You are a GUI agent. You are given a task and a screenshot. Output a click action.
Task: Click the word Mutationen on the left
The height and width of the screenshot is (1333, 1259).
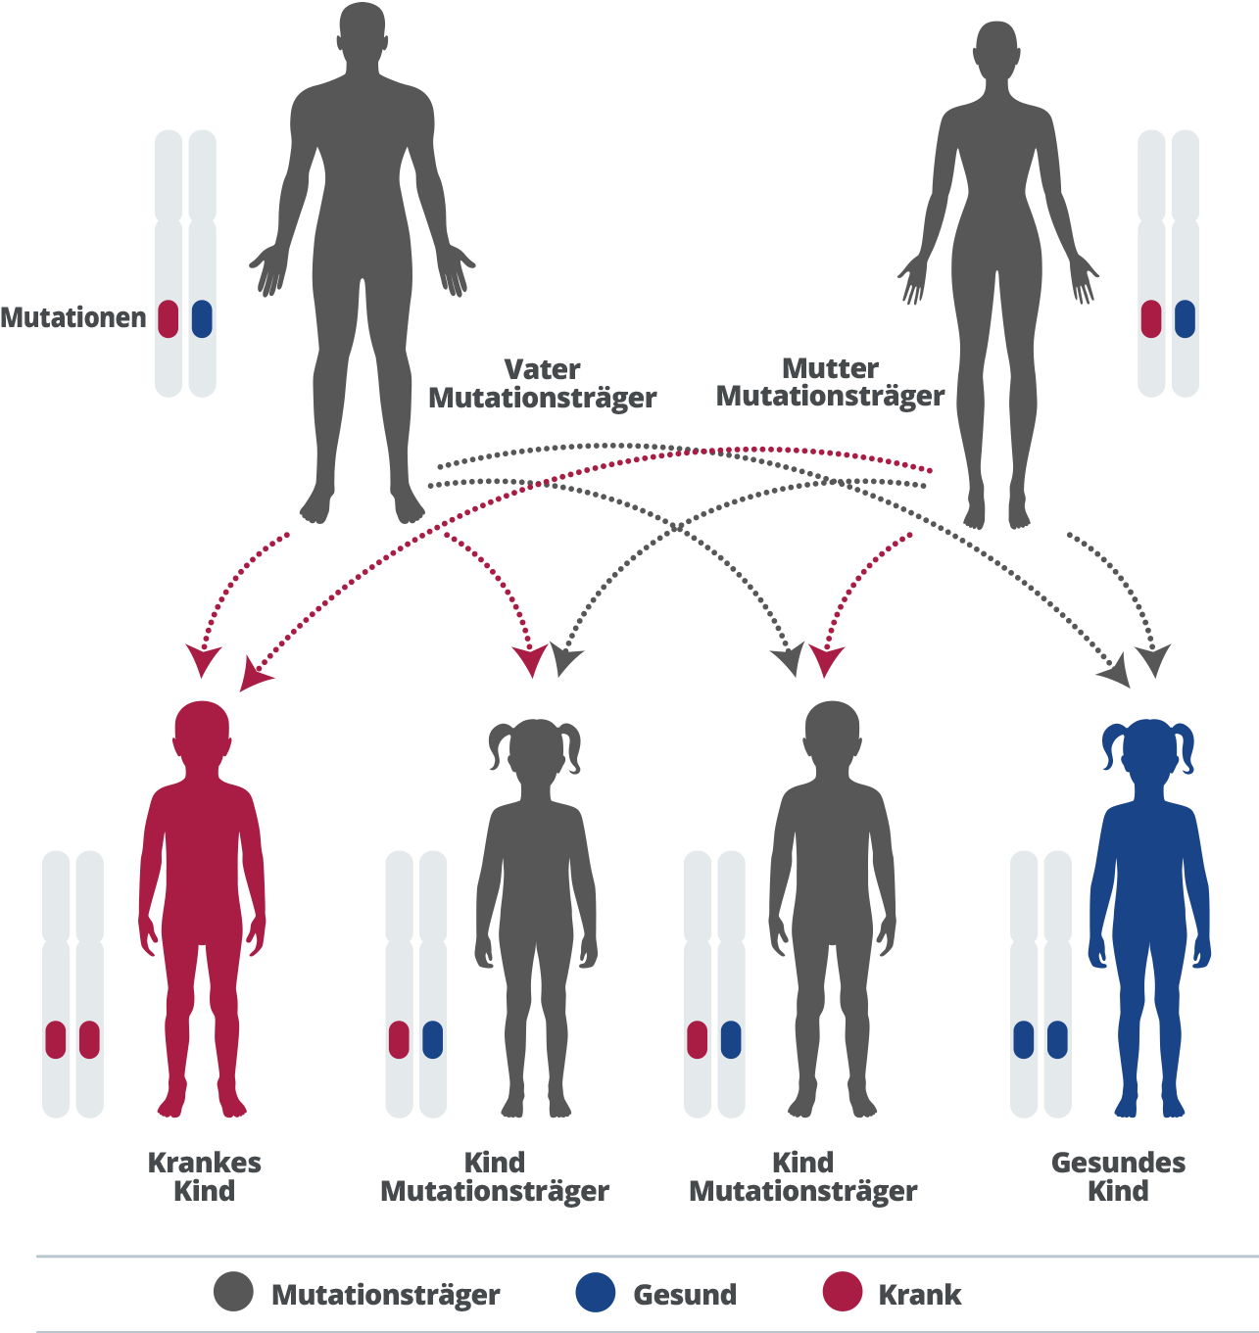(73, 318)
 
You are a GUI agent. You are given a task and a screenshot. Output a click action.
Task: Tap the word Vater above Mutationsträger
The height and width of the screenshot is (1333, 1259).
(542, 369)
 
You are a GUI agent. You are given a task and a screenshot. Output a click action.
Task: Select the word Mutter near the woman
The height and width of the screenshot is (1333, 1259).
(830, 368)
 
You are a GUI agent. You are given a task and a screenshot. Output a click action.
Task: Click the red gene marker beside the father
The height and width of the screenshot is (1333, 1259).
(169, 318)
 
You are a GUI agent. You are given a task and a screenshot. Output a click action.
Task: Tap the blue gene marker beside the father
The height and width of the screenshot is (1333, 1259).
(202, 318)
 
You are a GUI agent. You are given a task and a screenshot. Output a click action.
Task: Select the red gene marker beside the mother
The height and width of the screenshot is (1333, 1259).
(1151, 318)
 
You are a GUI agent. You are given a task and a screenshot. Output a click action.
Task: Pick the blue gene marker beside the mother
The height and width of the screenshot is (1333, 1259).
(1185, 318)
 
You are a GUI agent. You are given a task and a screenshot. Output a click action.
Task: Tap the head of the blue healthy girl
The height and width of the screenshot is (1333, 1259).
(1148, 749)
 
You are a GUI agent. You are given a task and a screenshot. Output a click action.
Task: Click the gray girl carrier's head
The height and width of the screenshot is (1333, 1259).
(535, 749)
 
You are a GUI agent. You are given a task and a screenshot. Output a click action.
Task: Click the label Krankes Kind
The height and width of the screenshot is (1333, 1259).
(204, 1176)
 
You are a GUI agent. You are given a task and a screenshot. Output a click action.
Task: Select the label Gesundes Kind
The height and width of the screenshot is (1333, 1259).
(1118, 1176)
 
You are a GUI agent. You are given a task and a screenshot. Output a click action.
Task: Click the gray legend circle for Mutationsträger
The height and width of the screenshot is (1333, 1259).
(233, 1293)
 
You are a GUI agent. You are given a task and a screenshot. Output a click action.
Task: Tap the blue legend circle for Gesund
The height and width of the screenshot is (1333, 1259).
(596, 1293)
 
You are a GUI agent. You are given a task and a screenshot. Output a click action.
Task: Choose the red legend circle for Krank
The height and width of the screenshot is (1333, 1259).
(843, 1293)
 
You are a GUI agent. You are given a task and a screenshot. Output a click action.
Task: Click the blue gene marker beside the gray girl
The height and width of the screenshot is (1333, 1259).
(432, 1039)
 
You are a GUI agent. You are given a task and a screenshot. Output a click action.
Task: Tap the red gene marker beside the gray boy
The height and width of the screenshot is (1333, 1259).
(697, 1039)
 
